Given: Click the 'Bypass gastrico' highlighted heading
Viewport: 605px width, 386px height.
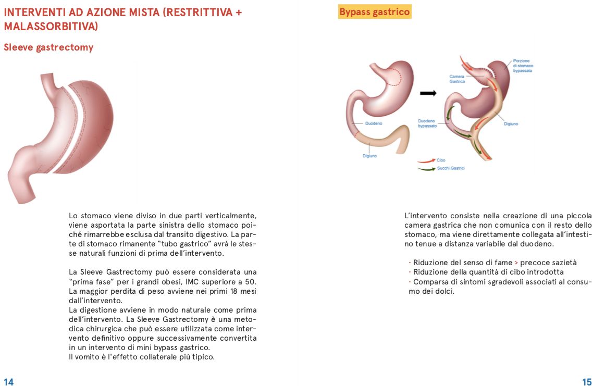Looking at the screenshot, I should click(x=375, y=11).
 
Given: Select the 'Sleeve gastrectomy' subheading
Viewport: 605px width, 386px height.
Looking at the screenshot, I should click(x=48, y=47).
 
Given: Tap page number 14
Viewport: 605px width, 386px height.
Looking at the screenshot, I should click(x=8, y=382).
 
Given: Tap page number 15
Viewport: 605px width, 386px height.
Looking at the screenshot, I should click(x=587, y=382).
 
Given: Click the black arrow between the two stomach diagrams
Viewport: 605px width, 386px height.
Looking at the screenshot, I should click(x=427, y=93).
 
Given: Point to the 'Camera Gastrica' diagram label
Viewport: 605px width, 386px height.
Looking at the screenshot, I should click(x=457, y=79).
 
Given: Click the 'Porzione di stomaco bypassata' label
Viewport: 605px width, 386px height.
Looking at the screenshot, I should click(x=523, y=66).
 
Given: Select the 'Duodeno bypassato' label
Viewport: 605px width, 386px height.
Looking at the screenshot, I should click(x=427, y=124).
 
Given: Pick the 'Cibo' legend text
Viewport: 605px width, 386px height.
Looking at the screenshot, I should click(x=441, y=160).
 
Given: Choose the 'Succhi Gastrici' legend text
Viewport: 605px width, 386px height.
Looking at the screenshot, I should click(x=451, y=168).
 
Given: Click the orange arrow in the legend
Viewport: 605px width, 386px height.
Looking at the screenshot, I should click(x=426, y=161).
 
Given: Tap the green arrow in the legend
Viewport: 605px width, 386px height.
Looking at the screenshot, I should click(x=426, y=169).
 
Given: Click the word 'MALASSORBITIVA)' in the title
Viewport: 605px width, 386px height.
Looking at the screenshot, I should click(x=51, y=26).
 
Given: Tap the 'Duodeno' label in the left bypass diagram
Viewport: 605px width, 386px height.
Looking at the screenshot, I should click(x=373, y=123).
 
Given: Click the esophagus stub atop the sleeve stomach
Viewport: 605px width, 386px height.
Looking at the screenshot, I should click(x=48, y=79).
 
